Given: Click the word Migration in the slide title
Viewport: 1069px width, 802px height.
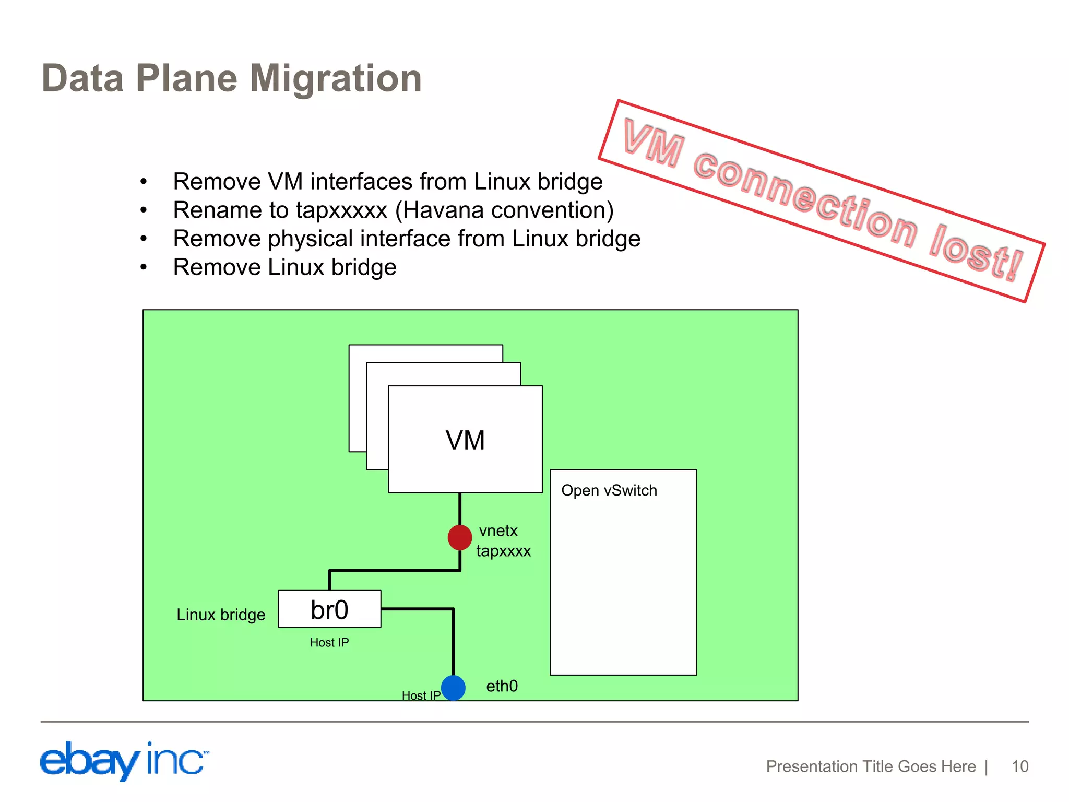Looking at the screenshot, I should [336, 78].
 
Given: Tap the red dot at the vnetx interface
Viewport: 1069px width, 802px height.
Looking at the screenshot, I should [460, 537].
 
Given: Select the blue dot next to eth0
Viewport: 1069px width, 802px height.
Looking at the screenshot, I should [453, 688].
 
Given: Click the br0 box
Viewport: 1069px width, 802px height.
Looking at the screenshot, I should [329, 609].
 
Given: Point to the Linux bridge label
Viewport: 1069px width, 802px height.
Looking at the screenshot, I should [221, 615].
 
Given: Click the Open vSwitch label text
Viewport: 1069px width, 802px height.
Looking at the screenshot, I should [609, 490].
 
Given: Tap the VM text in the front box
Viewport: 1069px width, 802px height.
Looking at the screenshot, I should [465, 440].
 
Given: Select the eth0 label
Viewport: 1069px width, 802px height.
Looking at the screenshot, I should [502, 686].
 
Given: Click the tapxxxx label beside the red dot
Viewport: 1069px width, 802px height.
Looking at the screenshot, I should [503, 551].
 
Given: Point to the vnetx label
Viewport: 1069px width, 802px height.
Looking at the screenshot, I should [498, 530].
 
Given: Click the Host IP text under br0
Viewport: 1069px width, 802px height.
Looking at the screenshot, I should [329, 642].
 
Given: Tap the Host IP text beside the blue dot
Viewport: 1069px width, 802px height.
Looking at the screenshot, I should [421, 695].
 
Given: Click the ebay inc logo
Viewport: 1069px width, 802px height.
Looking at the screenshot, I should [124, 760].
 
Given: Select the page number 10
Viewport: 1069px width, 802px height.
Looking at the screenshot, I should [1019, 766].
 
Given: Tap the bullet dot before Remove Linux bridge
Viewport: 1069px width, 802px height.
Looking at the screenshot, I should [144, 267].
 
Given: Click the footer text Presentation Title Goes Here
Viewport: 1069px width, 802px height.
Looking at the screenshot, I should [871, 766].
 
